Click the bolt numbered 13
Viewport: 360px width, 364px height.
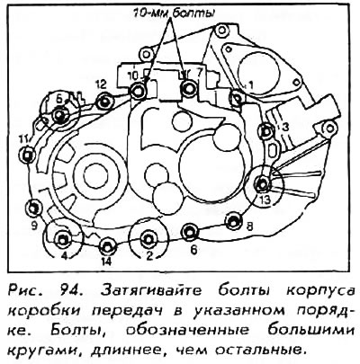pos(263,184)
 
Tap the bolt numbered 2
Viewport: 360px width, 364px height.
pos(148,239)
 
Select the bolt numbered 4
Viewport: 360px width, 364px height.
pos(63,239)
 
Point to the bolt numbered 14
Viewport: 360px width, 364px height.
pos(107,246)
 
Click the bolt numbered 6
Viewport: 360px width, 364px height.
pos(190,232)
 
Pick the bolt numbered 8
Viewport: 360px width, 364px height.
pos(234,221)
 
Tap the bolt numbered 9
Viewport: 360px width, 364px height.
pos(33,208)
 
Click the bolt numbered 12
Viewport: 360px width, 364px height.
pos(104,102)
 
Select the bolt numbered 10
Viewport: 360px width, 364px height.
pos(138,91)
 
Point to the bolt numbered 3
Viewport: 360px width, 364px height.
pos(265,131)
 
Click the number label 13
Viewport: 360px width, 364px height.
pos(265,200)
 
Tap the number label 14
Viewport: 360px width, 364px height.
pos(106,262)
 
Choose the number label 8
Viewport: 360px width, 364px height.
pos(249,226)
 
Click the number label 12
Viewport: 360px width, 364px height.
pos(101,84)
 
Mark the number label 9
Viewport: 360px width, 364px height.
pos(33,225)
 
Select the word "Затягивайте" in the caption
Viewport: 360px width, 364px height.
pos(151,291)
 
